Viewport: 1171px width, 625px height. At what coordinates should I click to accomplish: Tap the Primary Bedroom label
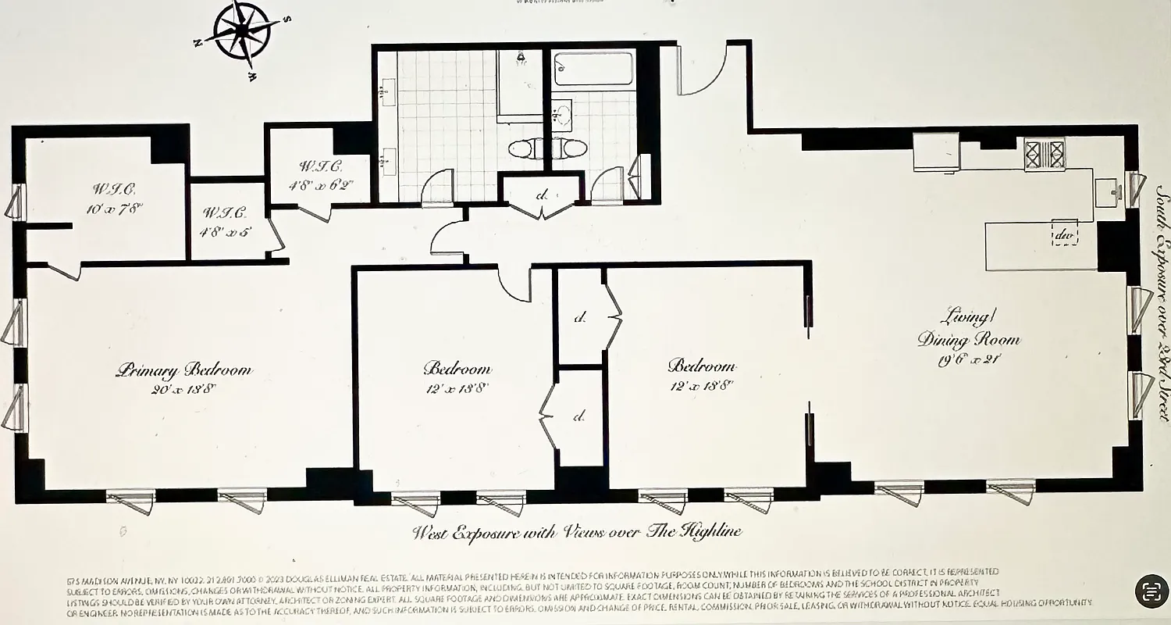184,370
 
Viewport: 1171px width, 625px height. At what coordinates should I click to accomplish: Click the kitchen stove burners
1045,153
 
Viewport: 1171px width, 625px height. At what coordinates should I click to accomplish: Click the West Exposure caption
577,533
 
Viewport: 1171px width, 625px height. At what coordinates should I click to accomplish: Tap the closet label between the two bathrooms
541,195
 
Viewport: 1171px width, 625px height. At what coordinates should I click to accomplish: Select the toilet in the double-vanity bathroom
524,148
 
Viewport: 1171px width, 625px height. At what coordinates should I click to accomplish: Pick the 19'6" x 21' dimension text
969,360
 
